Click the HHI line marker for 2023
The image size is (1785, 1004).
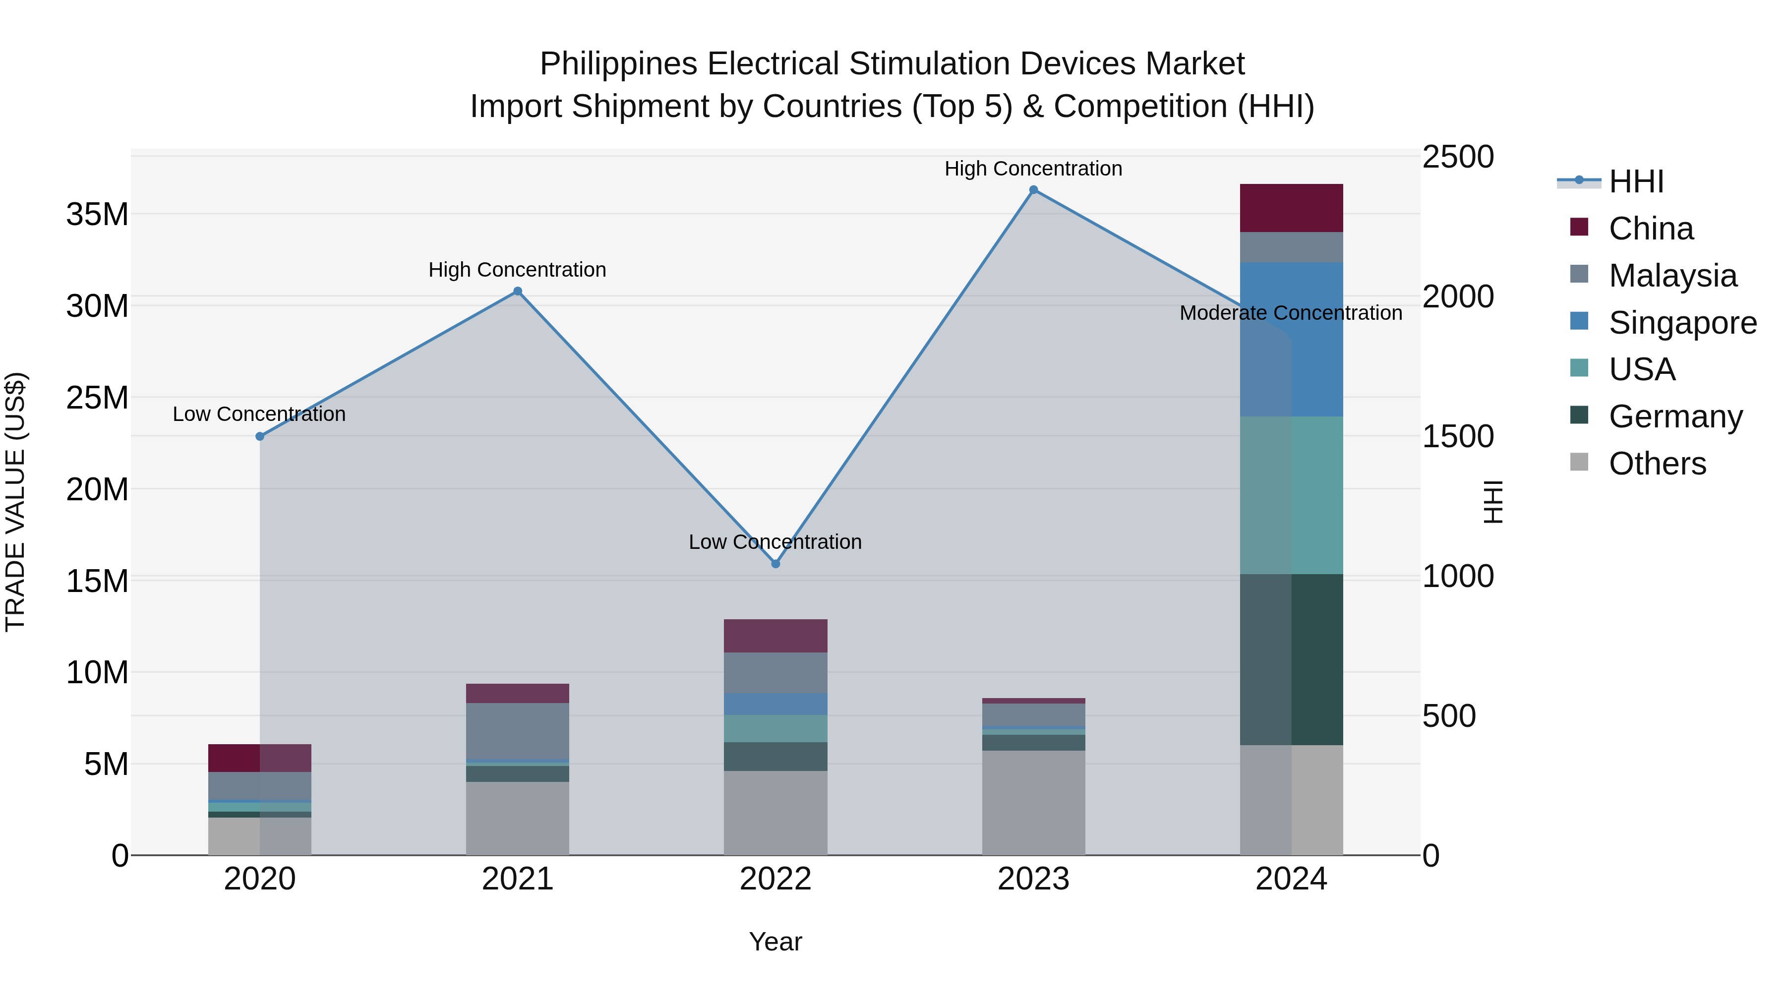(1033, 190)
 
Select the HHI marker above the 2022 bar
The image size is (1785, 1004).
(775, 564)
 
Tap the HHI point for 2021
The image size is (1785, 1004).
(518, 292)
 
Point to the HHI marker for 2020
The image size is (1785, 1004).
(260, 436)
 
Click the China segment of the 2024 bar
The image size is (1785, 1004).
(1291, 208)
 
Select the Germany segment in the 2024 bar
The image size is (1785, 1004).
(1291, 659)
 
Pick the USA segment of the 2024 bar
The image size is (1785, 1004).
(1291, 495)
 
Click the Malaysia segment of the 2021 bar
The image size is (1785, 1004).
(518, 731)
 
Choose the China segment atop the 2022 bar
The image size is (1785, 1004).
(775, 636)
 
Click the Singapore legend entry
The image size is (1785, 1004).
(1682, 323)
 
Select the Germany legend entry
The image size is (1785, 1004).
(1675, 416)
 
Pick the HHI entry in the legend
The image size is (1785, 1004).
(1635, 181)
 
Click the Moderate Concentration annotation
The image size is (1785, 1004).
(1290, 313)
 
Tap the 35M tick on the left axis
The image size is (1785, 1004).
(97, 215)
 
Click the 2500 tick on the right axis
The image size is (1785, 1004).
(1458, 157)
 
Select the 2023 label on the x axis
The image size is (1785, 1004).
(1033, 879)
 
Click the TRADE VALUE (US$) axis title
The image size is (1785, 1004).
(16, 502)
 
